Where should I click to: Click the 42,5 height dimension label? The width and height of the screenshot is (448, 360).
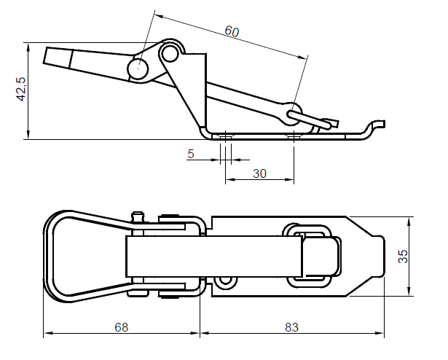click(x=21, y=89)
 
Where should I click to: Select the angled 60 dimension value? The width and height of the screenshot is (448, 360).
click(x=232, y=31)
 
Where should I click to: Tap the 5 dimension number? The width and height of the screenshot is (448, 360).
click(x=191, y=154)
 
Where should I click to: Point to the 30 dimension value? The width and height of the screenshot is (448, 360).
click(x=259, y=173)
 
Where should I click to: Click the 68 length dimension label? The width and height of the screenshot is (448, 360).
click(x=122, y=327)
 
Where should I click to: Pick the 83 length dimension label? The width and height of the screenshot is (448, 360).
click(x=291, y=327)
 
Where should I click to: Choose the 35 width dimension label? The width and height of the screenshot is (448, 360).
click(x=403, y=257)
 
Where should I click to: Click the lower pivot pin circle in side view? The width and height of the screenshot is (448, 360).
click(x=138, y=69)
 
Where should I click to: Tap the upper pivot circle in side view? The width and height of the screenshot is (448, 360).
click(x=170, y=53)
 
